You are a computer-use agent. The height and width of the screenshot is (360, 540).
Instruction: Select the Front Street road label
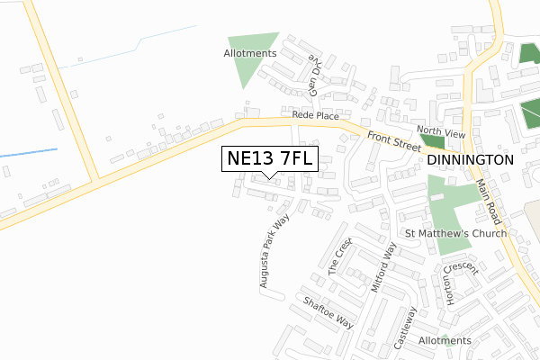pos(394,139)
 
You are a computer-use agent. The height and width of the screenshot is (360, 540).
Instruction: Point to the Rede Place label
pos(315,116)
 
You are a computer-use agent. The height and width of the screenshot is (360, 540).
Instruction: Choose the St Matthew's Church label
pos(456,233)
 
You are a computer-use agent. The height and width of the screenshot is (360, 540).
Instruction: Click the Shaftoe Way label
pos(328,312)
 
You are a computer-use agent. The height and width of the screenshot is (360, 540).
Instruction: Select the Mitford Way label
pos(383,268)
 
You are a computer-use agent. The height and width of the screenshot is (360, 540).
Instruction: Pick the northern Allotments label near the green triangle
pos(249,53)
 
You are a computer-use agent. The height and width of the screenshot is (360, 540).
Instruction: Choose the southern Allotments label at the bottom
pos(445,340)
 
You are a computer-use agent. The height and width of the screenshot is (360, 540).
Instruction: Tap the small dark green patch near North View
pos(433,141)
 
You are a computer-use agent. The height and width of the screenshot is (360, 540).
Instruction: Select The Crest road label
pos(338,256)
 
